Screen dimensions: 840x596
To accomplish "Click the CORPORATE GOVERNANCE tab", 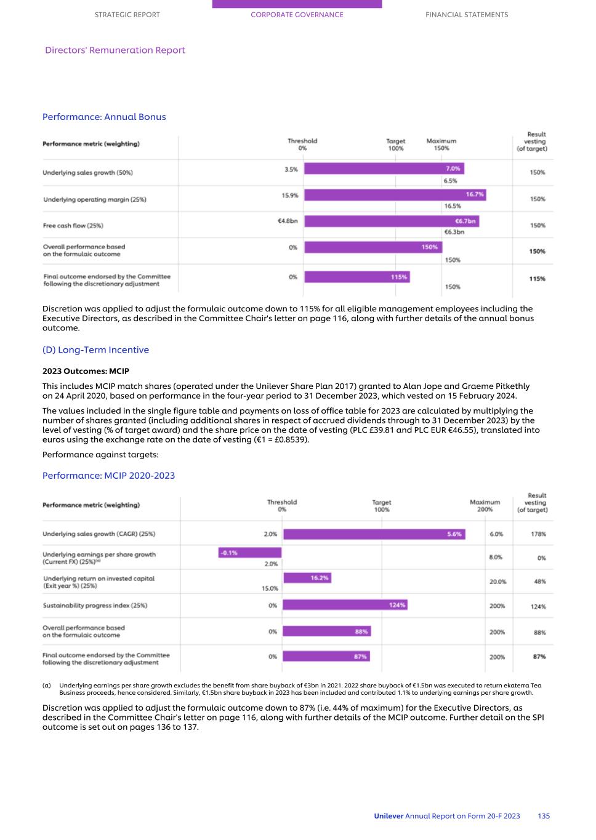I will [x=297, y=15].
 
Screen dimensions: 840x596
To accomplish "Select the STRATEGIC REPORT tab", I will [x=127, y=15].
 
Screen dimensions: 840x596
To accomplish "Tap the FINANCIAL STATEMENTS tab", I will [x=467, y=15].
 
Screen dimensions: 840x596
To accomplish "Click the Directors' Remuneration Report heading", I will [x=115, y=50].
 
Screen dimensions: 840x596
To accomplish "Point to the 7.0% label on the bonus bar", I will [x=453, y=169].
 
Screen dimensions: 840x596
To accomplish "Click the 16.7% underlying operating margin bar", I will [x=395, y=194].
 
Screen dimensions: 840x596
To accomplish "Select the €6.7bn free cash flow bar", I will [x=391, y=221].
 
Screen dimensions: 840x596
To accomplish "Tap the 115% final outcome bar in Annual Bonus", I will [x=357, y=277].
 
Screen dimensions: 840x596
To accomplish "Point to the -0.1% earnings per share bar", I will [x=249, y=553].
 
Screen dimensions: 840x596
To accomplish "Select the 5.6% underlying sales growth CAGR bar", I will [x=374, y=534].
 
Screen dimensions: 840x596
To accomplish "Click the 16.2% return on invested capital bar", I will [x=307, y=578].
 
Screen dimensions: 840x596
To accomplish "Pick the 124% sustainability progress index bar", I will [x=345, y=605].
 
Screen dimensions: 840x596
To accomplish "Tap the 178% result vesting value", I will [x=538, y=534].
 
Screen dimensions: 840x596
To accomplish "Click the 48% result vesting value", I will [x=539, y=582].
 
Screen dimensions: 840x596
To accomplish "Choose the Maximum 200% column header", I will [x=485, y=506].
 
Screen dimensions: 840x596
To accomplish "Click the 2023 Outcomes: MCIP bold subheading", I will [x=86, y=371].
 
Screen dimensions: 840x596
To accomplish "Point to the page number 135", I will [x=543, y=816].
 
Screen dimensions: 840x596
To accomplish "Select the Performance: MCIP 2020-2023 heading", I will [x=108, y=476].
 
